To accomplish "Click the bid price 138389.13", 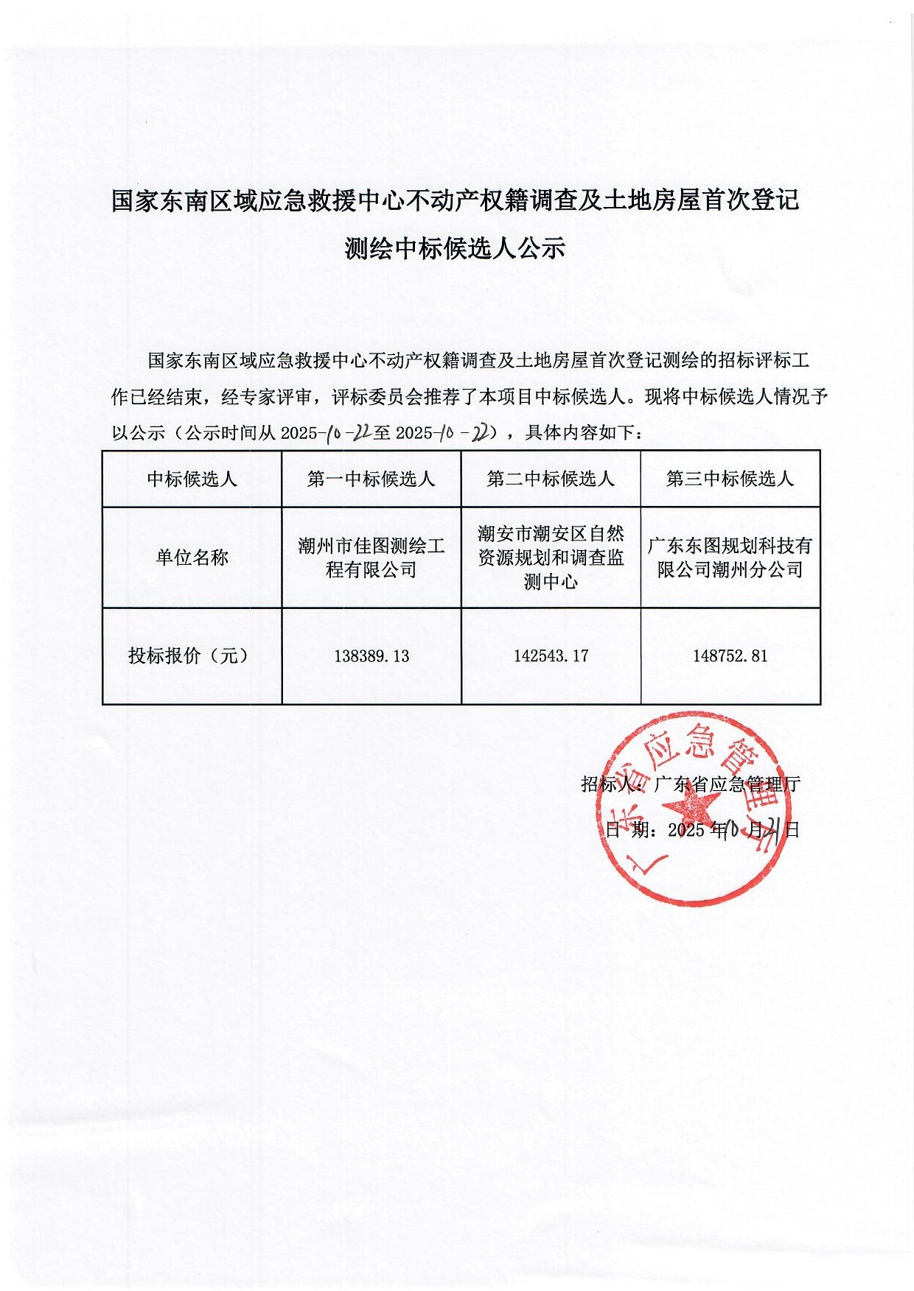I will pos(371,656).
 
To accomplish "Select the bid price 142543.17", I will pos(551,655).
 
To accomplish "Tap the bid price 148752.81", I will pos(730,655).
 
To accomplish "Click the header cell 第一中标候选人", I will pos(371,479).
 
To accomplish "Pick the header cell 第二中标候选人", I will pos(551,479).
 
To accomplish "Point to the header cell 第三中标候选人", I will pos(730,479).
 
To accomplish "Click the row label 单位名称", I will pos(192,557).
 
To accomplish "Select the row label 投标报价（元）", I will pos(189,655).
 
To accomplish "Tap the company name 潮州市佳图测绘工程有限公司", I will pos(371,557).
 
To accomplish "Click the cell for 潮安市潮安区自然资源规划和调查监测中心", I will pos(551,557).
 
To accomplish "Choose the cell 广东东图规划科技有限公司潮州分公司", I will pos(730,557).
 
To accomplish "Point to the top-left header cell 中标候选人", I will pos(192,479).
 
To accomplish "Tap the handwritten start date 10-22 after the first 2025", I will pos(346,432).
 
